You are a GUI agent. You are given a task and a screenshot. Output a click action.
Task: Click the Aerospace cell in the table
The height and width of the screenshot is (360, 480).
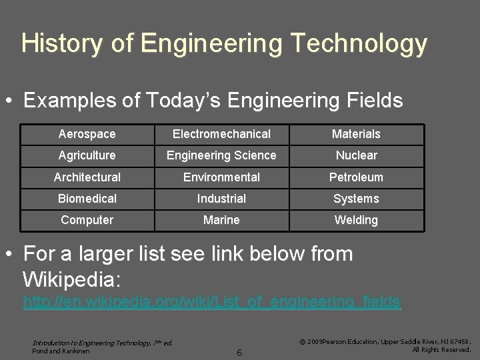(x=87, y=134)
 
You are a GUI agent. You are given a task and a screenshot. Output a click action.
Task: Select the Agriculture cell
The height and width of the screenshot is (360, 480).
(x=87, y=155)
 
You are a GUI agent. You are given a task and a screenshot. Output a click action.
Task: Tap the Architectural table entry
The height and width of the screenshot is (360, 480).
(x=87, y=177)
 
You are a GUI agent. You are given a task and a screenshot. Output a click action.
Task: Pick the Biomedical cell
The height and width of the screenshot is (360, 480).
(x=87, y=199)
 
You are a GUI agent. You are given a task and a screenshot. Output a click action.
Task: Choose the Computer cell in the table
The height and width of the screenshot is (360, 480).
(x=87, y=220)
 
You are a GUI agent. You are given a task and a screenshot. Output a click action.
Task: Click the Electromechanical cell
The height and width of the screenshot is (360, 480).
(x=221, y=134)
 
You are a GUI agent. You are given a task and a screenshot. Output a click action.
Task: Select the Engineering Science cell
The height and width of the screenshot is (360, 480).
(x=221, y=155)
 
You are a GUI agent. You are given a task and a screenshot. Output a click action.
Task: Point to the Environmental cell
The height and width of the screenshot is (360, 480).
(x=221, y=177)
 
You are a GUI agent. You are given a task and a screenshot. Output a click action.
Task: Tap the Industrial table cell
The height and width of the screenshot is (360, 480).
(x=221, y=199)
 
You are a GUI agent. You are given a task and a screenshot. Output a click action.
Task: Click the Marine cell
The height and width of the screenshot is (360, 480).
(x=221, y=220)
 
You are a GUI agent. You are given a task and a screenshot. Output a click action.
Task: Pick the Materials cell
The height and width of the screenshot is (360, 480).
(x=356, y=134)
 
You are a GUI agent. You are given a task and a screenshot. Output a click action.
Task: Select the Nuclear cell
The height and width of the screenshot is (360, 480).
(x=356, y=155)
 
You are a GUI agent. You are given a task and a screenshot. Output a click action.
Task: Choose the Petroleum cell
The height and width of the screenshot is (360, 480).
(x=356, y=177)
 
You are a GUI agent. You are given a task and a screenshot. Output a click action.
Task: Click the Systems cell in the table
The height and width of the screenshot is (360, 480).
(x=356, y=199)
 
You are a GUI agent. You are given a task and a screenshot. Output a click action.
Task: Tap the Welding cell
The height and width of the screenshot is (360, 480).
(x=356, y=220)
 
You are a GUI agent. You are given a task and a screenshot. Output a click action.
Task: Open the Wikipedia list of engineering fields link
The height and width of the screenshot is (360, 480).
(x=211, y=302)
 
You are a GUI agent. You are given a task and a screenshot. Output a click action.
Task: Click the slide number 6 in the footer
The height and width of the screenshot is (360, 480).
(x=239, y=351)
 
